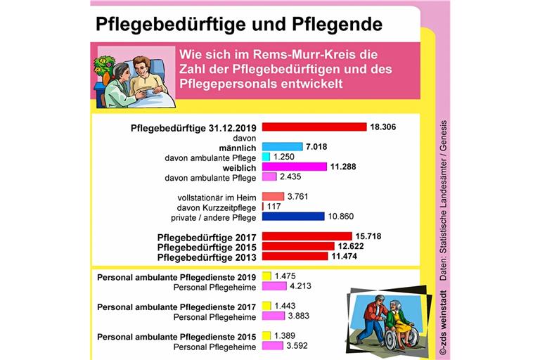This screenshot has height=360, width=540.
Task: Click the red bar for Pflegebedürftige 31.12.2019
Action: click(x=314, y=127)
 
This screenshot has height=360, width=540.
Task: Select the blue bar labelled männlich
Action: click(x=282, y=146)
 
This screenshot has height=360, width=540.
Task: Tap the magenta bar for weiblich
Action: click(x=294, y=167)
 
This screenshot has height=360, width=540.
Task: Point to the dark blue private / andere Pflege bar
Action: click(x=292, y=217)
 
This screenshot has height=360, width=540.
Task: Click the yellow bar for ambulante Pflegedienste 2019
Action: click(x=266, y=276)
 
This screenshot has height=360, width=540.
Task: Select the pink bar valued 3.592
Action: click(x=273, y=346)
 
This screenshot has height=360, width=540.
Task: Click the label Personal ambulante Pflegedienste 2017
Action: click(x=176, y=306)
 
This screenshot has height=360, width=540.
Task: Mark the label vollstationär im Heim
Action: click(x=218, y=197)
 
